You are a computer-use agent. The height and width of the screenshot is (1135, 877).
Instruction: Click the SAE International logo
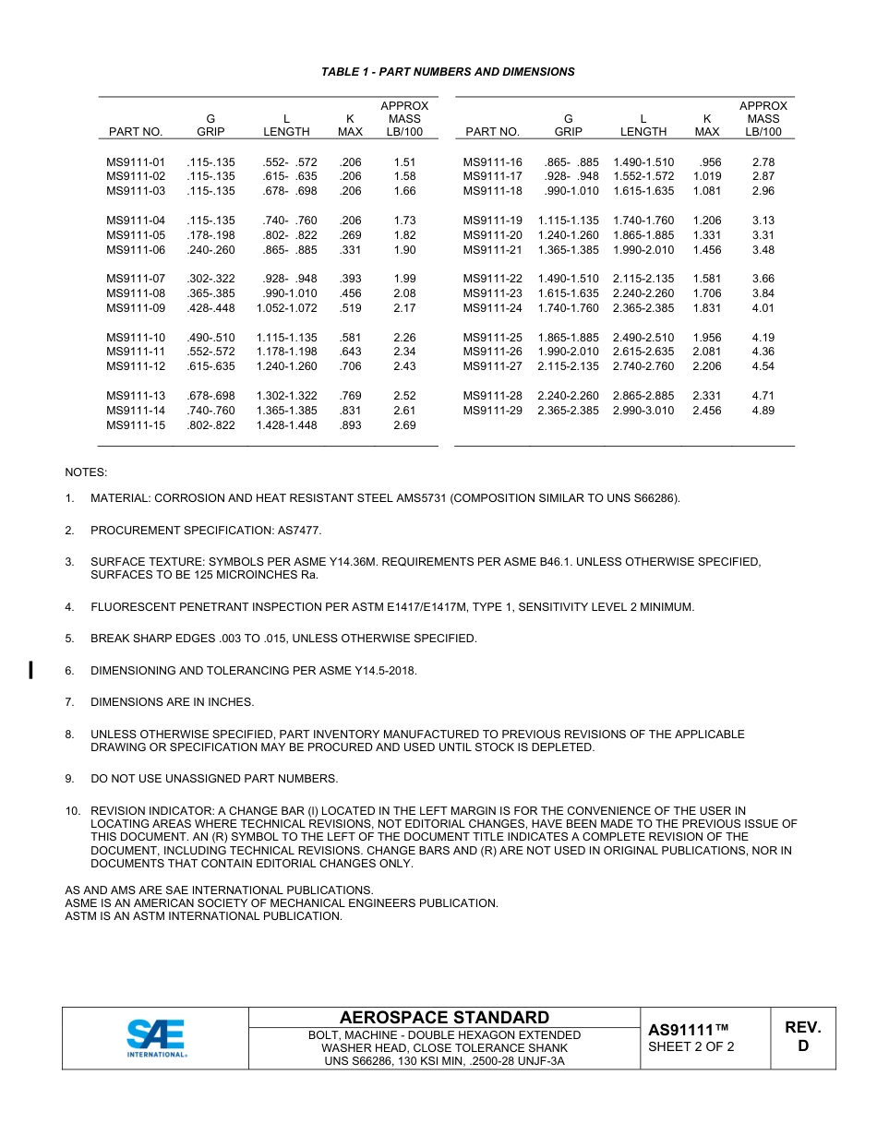pos(156,1038)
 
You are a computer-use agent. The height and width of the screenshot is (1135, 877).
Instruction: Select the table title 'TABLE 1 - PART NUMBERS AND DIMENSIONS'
pos(448,72)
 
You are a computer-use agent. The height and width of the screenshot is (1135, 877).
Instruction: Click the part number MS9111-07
pos(136,279)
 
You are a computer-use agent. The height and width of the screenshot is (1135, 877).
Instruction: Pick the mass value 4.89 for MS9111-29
pos(763,411)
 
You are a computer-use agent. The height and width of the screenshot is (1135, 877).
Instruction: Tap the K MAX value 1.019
pos(707,176)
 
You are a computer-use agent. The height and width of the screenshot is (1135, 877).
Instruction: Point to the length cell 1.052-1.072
pos(286,308)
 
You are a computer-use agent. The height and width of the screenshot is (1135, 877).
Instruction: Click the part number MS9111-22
pos(492,279)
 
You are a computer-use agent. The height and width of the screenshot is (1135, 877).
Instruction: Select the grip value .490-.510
pos(210,338)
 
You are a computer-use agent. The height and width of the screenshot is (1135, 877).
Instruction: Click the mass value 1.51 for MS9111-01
pos(404,162)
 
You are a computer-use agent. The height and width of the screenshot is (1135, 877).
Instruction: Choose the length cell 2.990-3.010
pos(643,411)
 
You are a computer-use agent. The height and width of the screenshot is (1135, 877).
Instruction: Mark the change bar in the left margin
pos(31,670)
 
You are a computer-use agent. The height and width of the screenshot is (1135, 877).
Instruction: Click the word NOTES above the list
pos(86,472)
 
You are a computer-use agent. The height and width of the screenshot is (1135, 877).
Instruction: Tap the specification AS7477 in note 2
pos(299,531)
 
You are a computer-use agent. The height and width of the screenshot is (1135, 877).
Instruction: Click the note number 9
pos(69,779)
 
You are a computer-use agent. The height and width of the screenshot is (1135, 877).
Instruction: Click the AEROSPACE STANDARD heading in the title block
pos(444,1017)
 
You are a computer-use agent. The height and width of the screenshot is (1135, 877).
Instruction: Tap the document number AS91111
pos(689,1030)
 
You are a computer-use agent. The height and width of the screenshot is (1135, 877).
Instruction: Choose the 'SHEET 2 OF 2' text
pos(691,1047)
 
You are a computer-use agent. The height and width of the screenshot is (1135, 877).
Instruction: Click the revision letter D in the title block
pos(802,1046)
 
